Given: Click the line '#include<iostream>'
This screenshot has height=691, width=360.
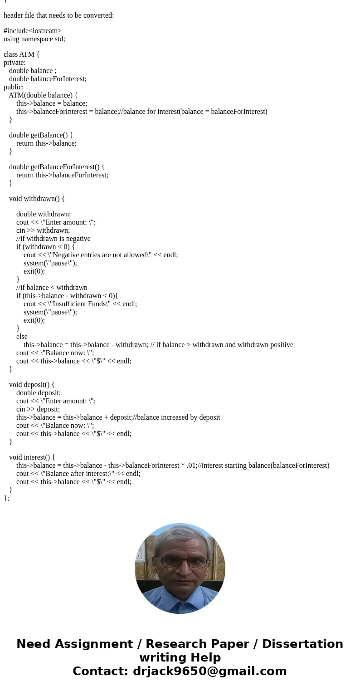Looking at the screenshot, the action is click(x=33, y=31).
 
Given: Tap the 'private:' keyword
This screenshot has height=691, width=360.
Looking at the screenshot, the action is click(x=15, y=63).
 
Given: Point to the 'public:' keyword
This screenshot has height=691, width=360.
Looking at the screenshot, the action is click(x=14, y=87).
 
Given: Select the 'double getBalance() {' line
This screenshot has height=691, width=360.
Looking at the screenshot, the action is click(x=41, y=135).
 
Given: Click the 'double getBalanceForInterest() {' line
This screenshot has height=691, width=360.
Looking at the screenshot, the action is click(x=57, y=167).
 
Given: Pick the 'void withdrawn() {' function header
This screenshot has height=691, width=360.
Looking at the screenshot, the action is click(x=37, y=199).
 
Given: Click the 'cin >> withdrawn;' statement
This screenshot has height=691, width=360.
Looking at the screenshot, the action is click(x=43, y=230).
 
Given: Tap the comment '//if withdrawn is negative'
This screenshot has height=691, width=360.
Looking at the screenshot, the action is click(x=54, y=239).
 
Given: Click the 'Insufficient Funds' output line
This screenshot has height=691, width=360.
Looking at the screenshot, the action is click(x=80, y=304).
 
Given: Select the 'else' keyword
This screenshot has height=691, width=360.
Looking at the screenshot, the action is click(x=22, y=337).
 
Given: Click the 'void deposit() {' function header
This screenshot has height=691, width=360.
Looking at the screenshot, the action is click(x=32, y=385).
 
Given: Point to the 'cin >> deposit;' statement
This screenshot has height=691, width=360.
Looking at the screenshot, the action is click(x=38, y=409).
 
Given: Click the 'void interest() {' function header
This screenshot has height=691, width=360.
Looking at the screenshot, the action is click(x=32, y=457).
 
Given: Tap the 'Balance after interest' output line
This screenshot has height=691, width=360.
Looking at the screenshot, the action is click(x=78, y=474).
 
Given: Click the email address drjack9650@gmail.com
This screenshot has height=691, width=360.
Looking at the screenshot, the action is click(x=209, y=671).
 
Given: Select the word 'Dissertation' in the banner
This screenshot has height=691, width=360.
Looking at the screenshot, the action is click(x=302, y=644).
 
